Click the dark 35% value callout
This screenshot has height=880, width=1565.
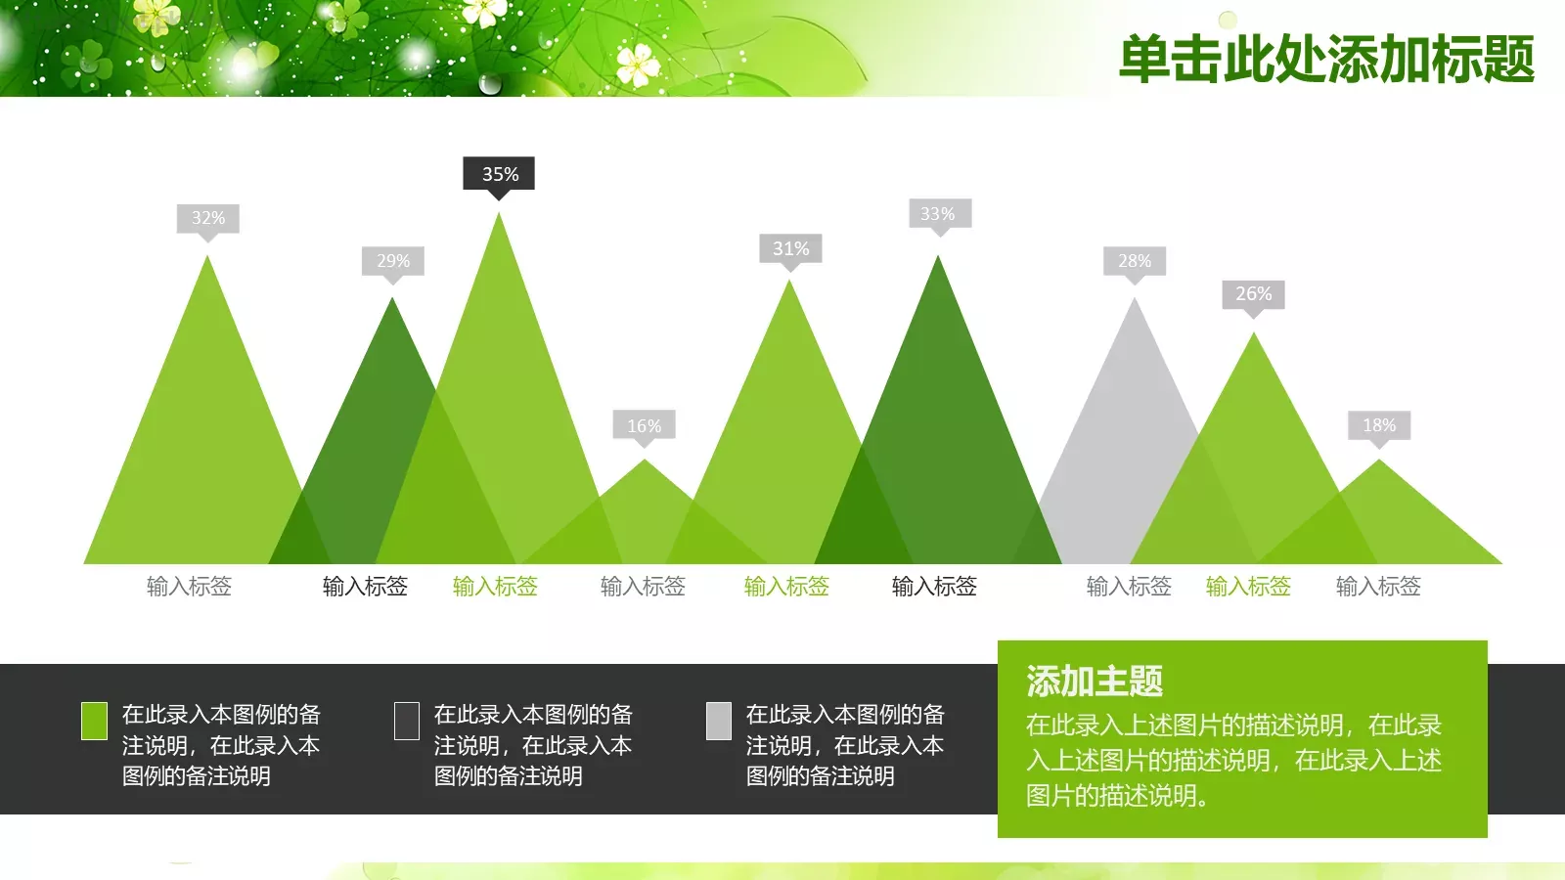coord(499,174)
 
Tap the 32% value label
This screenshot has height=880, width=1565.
coord(207,218)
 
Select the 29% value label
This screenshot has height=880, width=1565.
coord(393,261)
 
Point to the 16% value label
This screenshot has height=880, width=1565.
coord(645,426)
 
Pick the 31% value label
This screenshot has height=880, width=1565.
coord(790,248)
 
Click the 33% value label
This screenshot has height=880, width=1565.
coord(937,214)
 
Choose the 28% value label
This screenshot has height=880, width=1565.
coord(1135,261)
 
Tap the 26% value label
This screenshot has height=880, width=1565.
coord(1253,294)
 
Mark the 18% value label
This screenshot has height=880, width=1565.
coord(1379,425)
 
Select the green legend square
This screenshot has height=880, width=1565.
coord(94,721)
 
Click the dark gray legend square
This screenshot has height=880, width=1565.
coord(406,721)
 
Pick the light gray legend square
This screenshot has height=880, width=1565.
coord(719,721)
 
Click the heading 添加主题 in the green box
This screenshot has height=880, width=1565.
coord(1095,682)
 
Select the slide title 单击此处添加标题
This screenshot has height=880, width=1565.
coord(1326,59)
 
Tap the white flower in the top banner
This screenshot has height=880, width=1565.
coord(638,65)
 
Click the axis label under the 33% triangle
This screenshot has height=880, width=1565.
coord(934,587)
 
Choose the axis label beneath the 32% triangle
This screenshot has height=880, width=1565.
coord(189,587)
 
